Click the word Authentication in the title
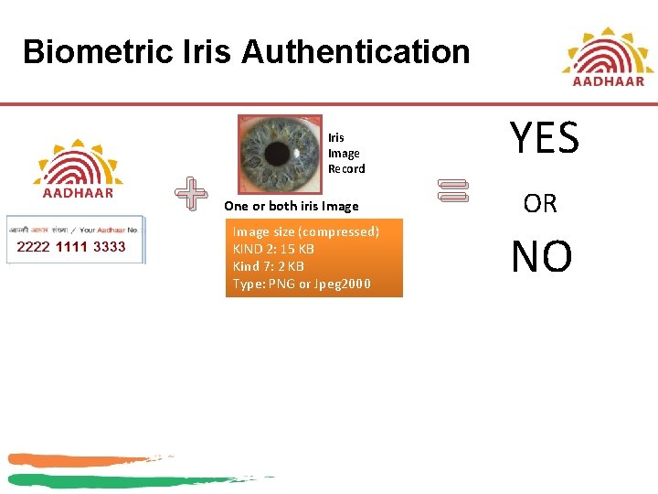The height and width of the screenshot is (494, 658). tap(356, 52)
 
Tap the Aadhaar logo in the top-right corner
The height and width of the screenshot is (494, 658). tap(608, 57)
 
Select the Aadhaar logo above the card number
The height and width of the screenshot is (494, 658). tap(79, 168)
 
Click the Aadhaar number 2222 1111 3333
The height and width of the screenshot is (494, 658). tap(72, 247)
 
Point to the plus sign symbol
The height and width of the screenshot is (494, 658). tap(191, 193)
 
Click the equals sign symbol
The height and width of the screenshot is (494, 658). tap(452, 190)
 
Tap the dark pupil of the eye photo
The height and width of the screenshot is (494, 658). tap(280, 152)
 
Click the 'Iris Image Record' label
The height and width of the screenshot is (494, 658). tap(345, 153)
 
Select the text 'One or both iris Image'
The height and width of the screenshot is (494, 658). tap(292, 206)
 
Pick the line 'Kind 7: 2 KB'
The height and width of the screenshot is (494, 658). tap(269, 266)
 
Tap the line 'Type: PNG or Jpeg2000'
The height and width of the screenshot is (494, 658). tap(302, 284)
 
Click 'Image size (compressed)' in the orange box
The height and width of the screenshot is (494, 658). tap(306, 232)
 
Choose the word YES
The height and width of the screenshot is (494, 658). tap(545, 139)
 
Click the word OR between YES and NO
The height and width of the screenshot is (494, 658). tap(540, 204)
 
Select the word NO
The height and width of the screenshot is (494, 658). tap(542, 257)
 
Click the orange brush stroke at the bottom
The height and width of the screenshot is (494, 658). tap(82, 459)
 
